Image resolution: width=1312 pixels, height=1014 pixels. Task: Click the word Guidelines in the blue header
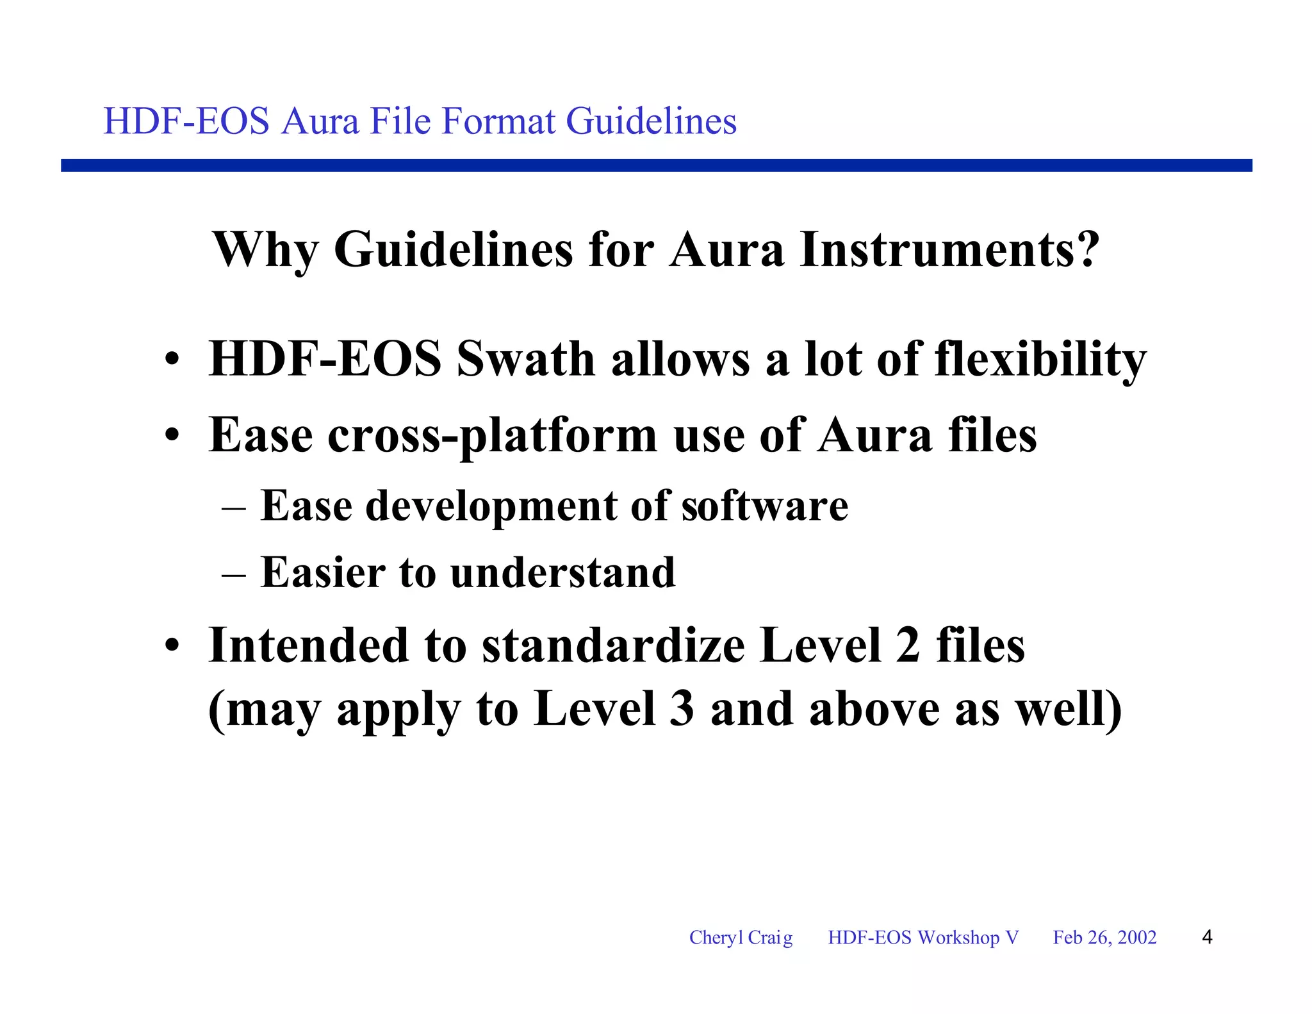(x=651, y=121)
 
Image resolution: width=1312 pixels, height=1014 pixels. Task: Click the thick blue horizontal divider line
(x=656, y=165)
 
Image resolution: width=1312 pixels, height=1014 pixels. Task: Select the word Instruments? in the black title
(x=949, y=250)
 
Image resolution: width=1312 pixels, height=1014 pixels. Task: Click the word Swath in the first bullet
(x=525, y=359)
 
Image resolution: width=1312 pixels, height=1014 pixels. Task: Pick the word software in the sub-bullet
(x=764, y=506)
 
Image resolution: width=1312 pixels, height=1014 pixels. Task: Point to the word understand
(x=563, y=572)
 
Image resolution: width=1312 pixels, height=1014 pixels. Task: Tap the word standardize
(x=613, y=645)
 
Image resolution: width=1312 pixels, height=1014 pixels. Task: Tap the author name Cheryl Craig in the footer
(x=741, y=938)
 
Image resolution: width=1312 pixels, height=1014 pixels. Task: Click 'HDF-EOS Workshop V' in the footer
(x=922, y=938)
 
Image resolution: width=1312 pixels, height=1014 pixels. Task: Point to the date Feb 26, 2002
(x=1104, y=938)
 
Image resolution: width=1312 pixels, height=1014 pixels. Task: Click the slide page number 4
(x=1207, y=938)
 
